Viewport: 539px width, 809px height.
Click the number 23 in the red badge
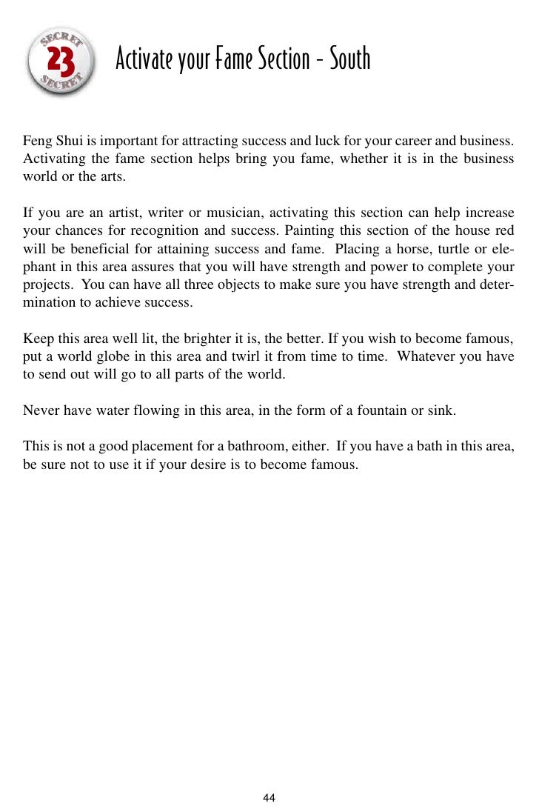61,62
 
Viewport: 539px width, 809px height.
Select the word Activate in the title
144,59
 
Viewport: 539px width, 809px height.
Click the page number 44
269,797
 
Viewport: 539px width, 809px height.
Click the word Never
39,409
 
